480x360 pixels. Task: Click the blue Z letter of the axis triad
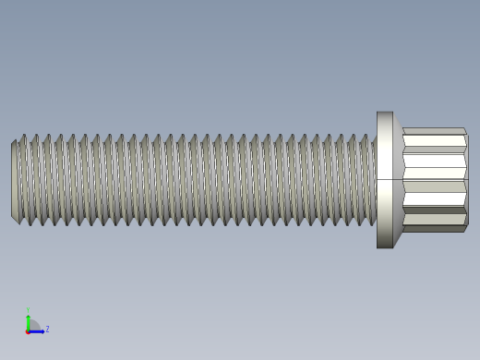47,329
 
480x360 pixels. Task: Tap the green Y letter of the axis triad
28,311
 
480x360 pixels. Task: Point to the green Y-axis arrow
28,320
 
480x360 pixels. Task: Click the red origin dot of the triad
28,331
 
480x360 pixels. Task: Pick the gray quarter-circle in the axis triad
33,326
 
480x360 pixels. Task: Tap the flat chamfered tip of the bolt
15,181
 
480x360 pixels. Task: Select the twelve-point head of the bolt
434,180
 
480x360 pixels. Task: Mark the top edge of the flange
385,113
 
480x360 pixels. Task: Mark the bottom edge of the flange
385,247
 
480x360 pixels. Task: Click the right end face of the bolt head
466,180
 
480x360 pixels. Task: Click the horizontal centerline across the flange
385,179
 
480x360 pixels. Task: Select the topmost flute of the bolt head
434,131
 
